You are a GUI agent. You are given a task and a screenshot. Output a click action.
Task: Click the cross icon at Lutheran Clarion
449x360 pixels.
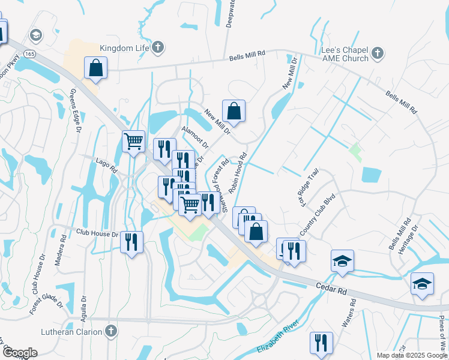pyautogui.click(x=110, y=331)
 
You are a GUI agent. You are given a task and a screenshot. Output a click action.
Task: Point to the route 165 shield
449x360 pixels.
pyautogui.click(x=29, y=53)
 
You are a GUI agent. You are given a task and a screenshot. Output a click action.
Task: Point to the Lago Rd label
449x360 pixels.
pyautogui.click(x=107, y=166)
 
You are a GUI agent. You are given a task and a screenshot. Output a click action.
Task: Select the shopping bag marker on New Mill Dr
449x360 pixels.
pyautogui.click(x=234, y=110)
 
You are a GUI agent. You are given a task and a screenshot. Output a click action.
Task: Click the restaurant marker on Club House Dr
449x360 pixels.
pyautogui.click(x=131, y=242)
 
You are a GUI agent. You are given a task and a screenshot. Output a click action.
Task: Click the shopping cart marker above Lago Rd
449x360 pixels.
pyautogui.click(x=133, y=141)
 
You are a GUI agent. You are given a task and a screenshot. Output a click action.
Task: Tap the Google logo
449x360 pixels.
pyautogui.click(x=20, y=353)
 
